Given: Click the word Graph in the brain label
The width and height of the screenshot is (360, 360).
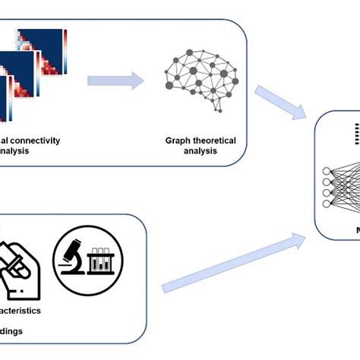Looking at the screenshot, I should click(x=179, y=141).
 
